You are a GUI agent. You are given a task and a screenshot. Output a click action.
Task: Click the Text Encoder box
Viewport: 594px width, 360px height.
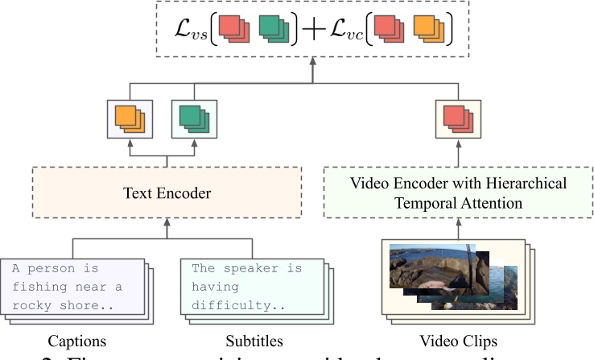coord(167,193)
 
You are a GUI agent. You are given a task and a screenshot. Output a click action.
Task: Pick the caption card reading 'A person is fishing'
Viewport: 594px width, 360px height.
coord(74,288)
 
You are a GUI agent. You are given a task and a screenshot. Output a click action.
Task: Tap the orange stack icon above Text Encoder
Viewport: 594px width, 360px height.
coord(128,120)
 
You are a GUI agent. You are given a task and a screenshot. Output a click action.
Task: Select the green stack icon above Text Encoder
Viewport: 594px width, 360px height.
coord(193,120)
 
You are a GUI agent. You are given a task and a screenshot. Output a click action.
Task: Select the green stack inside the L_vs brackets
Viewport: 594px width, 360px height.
coord(274,31)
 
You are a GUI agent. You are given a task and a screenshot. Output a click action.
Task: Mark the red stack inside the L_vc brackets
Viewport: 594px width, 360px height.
coord(388,31)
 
